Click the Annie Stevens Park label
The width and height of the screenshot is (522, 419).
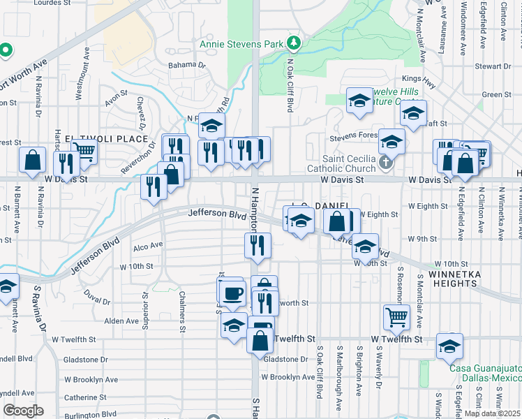[x=241, y=44]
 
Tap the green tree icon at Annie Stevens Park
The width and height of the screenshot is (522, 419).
[x=295, y=43]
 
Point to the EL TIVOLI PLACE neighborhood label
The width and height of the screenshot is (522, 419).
[x=94, y=138]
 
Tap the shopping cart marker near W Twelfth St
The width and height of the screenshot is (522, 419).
[x=396, y=317]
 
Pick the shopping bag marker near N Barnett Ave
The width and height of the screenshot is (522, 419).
[x=32, y=159]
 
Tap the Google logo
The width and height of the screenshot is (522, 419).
[x=23, y=411]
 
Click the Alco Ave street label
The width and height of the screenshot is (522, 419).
[x=147, y=245]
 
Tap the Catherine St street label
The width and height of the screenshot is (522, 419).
[x=85, y=397]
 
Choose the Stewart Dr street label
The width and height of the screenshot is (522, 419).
[x=493, y=66]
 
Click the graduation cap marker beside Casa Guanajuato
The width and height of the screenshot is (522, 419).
[x=449, y=345]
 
